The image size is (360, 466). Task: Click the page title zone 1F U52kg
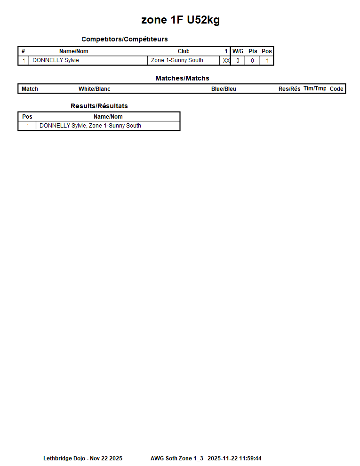point(180,20)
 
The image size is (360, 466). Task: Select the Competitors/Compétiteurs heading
point(124,39)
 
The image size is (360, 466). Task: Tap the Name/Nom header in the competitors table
point(73,51)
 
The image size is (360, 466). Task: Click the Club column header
point(184,51)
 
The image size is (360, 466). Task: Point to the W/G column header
point(238,51)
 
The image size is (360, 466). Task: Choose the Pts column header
point(253,51)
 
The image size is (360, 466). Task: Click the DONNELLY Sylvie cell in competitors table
point(56,60)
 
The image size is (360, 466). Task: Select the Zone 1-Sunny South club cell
point(177,60)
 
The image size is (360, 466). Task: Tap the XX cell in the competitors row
point(226,61)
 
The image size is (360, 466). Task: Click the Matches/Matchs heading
point(182,78)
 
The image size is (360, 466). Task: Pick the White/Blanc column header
point(94,89)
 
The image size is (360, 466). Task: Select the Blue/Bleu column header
point(224,89)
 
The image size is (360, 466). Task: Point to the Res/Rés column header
point(289,89)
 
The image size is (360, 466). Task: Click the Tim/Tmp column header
point(315,88)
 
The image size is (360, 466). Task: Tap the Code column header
point(336,89)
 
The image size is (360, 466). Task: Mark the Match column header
point(30,89)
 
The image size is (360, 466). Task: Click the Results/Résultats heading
point(99,106)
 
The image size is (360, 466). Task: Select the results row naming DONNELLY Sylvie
point(90,126)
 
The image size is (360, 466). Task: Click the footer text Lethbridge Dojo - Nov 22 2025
point(83,458)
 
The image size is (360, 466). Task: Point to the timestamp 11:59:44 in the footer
point(250,458)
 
